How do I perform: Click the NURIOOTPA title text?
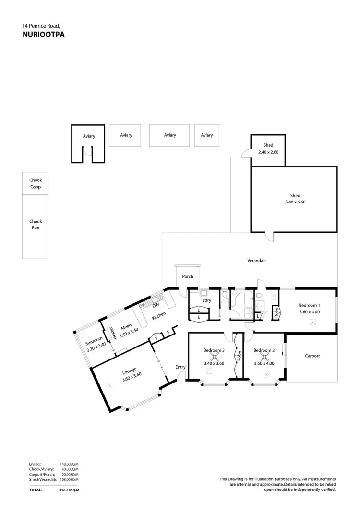pos(43,35)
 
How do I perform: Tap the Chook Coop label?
pos(36,183)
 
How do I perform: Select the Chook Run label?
pos(36,225)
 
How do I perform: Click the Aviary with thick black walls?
pos(89,136)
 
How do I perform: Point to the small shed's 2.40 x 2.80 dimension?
pos(268,152)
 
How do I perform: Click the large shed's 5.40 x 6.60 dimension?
pos(295,202)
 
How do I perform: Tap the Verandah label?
pos(256,261)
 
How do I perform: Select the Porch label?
pos(188,276)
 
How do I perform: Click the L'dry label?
pos(207,300)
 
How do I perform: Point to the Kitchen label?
pos(159,315)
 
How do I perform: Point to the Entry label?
pos(180,367)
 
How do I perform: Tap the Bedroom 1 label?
pos(309,305)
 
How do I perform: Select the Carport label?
pos(312,356)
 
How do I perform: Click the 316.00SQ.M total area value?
pos(69,490)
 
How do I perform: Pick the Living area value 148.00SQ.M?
pos(69,464)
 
